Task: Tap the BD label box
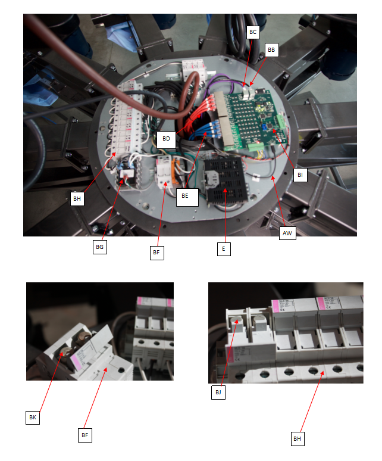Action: [166, 139]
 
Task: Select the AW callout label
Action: [287, 233]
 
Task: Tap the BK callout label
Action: [33, 418]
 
